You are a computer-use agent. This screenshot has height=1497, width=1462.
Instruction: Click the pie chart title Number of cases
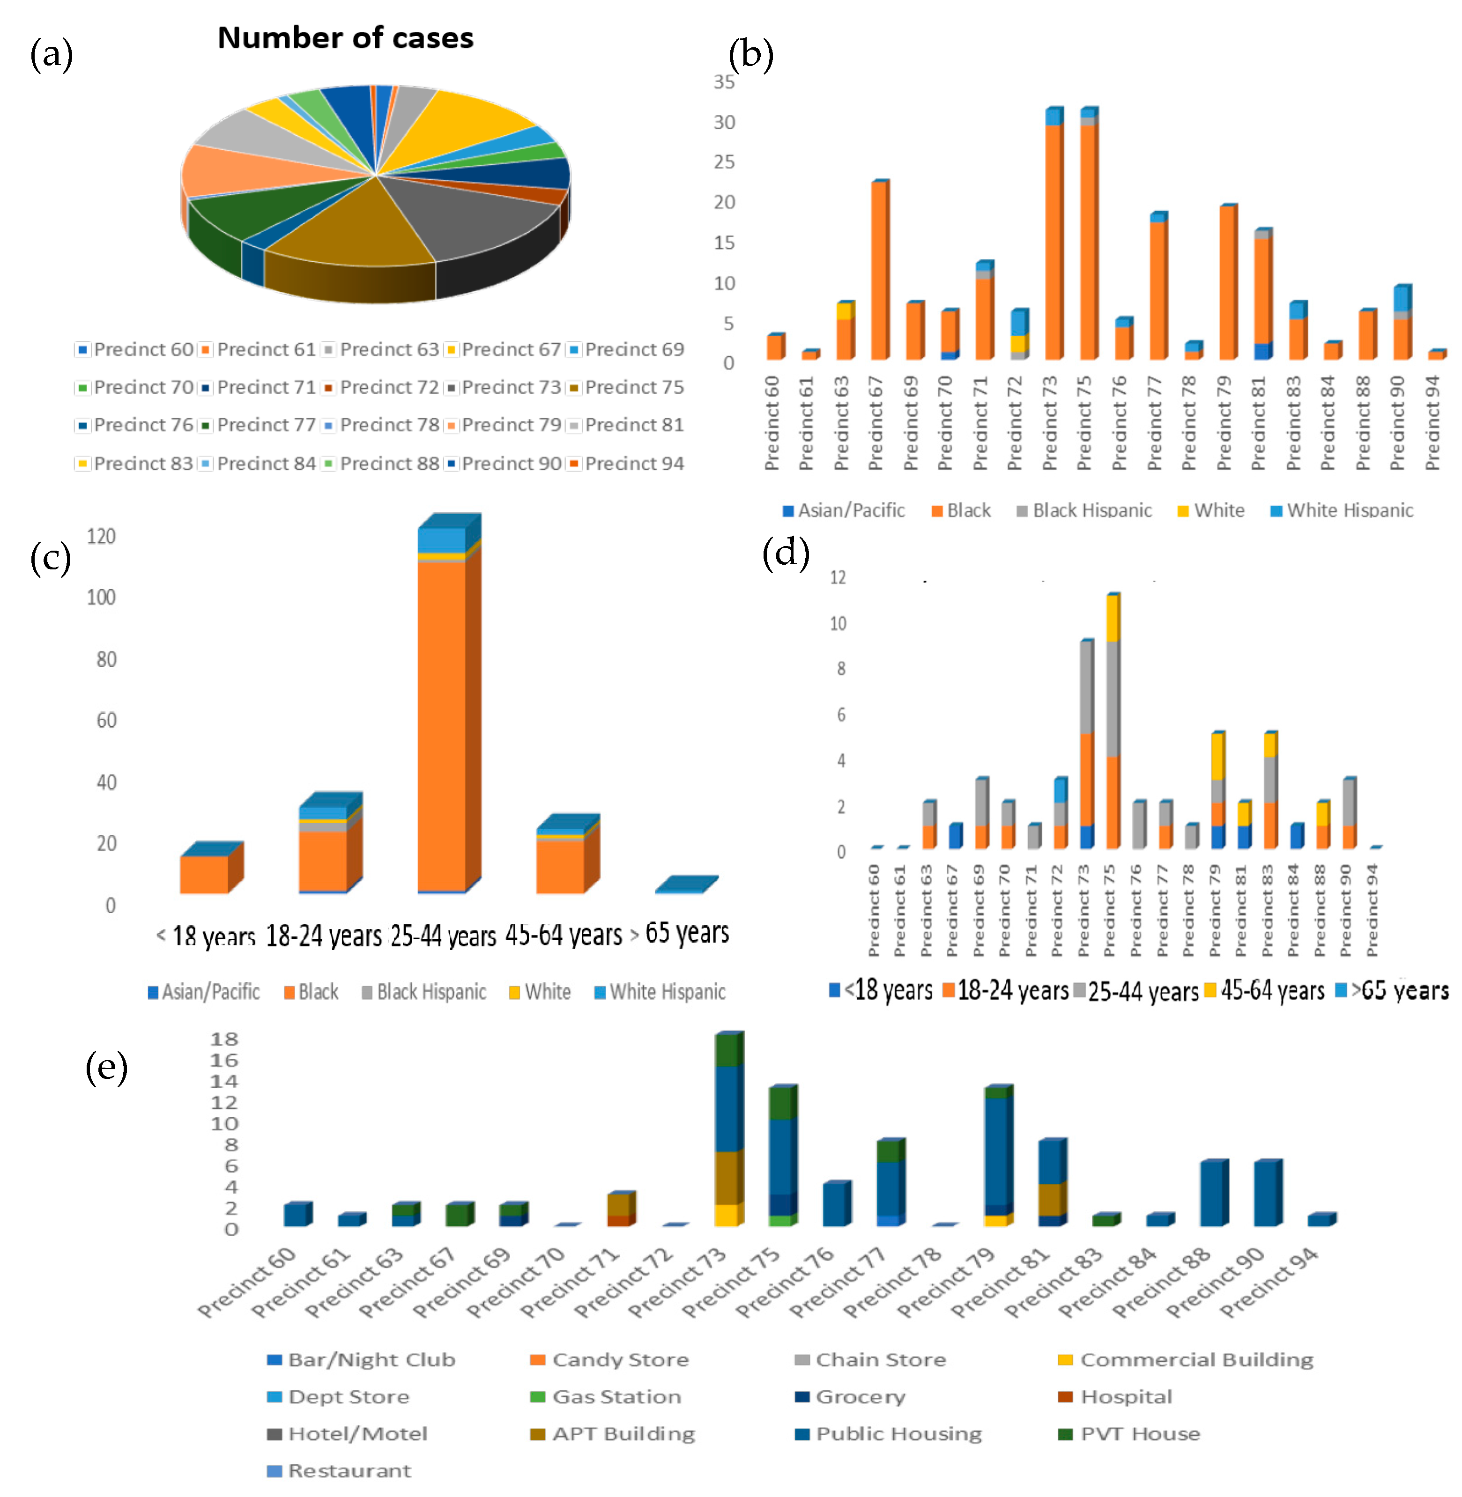[x=346, y=38]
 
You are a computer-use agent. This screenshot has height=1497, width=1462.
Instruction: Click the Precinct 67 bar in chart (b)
[x=879, y=269]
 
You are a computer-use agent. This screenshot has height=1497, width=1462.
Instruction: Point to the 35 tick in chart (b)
[x=724, y=82]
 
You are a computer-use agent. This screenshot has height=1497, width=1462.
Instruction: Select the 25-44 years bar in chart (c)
[x=442, y=714]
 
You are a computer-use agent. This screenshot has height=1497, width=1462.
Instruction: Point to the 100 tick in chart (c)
[x=101, y=597]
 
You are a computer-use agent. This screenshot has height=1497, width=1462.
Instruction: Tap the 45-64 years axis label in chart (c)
[x=564, y=935]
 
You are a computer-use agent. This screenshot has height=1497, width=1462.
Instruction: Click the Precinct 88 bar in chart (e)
[x=1212, y=1193]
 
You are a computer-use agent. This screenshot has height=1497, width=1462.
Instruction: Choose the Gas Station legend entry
[x=616, y=1396]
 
